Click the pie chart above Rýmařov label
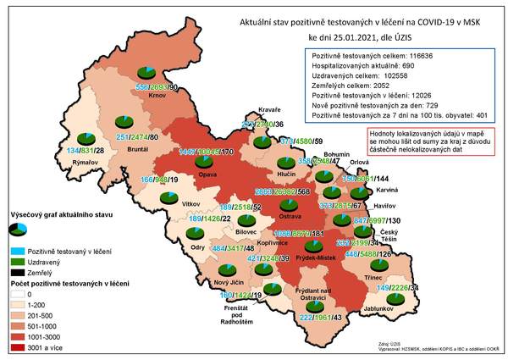click(x=86, y=137)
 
